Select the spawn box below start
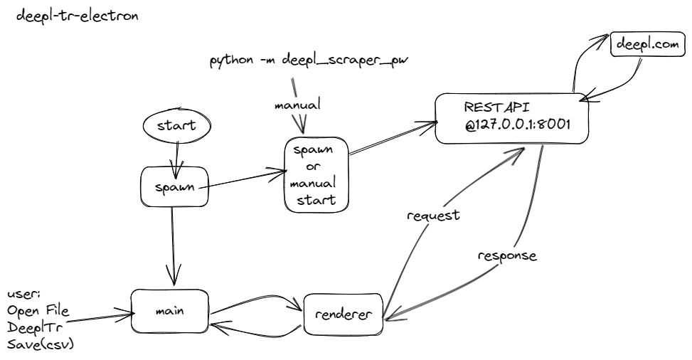pos(174,189)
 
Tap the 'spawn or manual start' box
pos(316,175)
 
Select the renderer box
pos(343,313)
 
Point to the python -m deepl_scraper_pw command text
pos(309,60)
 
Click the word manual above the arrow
pos(297,105)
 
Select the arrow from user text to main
pos(100,317)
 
